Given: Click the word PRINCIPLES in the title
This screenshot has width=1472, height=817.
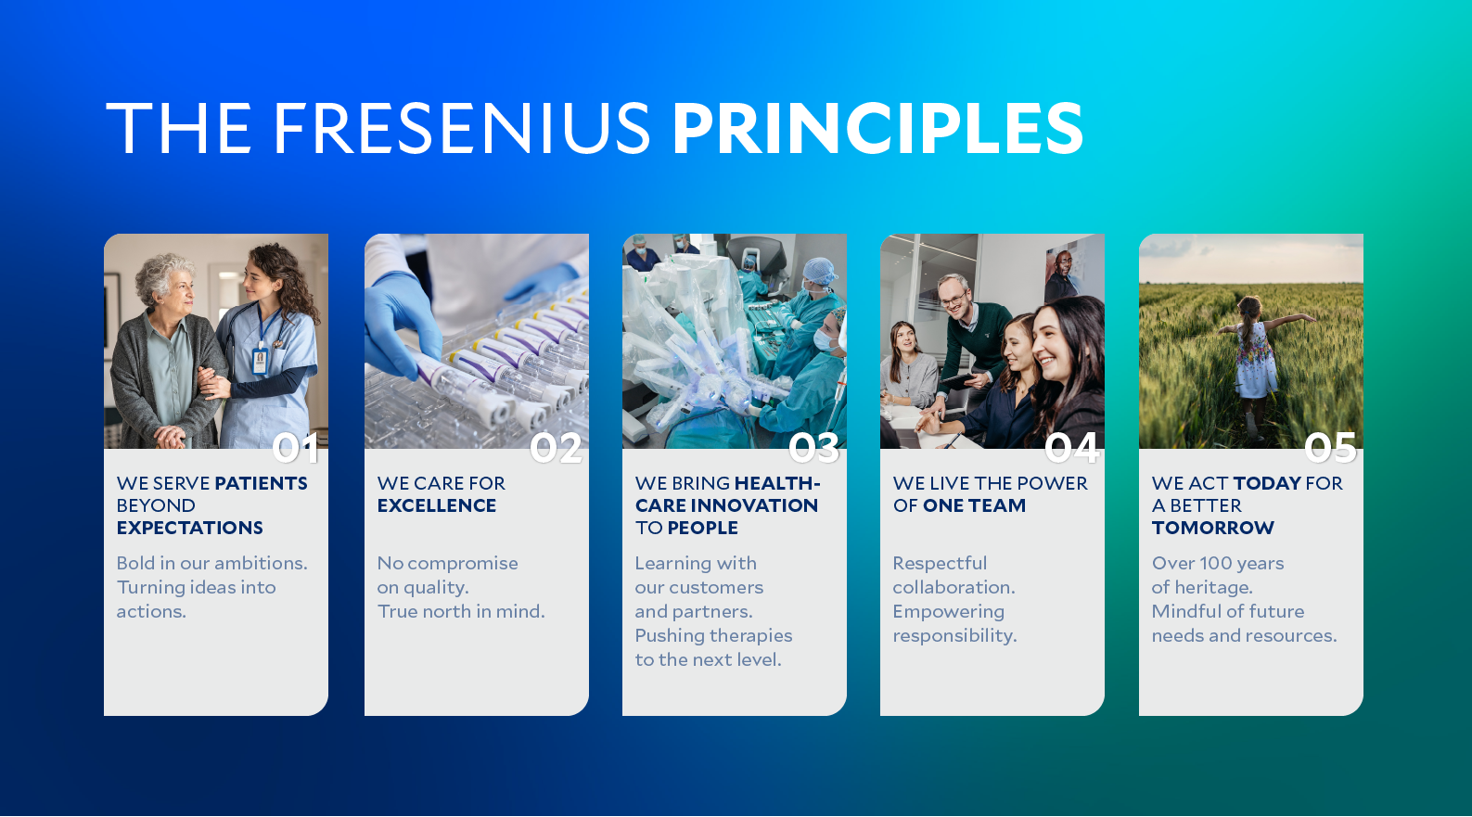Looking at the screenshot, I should click(877, 128).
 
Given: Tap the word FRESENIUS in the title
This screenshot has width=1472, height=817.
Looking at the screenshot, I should click(461, 128).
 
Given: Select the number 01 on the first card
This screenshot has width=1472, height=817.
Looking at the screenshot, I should click(296, 449).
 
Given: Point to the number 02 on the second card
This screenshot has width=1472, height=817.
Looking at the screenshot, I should click(556, 449).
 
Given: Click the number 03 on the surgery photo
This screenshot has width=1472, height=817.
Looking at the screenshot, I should click(813, 449).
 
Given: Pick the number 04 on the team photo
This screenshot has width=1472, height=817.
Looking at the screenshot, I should click(1071, 449).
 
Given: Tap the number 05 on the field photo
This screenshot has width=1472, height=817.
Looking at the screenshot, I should click(1330, 449).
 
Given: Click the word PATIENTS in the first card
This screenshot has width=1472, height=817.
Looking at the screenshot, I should click(261, 483).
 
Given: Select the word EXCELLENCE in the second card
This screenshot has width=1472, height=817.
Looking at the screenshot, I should click(437, 505).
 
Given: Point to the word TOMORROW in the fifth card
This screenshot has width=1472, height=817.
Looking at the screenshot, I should click(1213, 528).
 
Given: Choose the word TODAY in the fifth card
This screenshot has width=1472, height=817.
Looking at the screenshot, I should click(1267, 483).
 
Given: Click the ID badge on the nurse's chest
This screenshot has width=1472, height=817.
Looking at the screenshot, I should click(260, 360).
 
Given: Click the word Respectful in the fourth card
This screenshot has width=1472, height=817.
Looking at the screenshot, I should click(940, 563).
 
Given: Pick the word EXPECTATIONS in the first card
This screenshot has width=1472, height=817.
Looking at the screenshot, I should click(190, 528).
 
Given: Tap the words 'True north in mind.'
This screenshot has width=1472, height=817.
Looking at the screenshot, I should click(461, 611).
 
